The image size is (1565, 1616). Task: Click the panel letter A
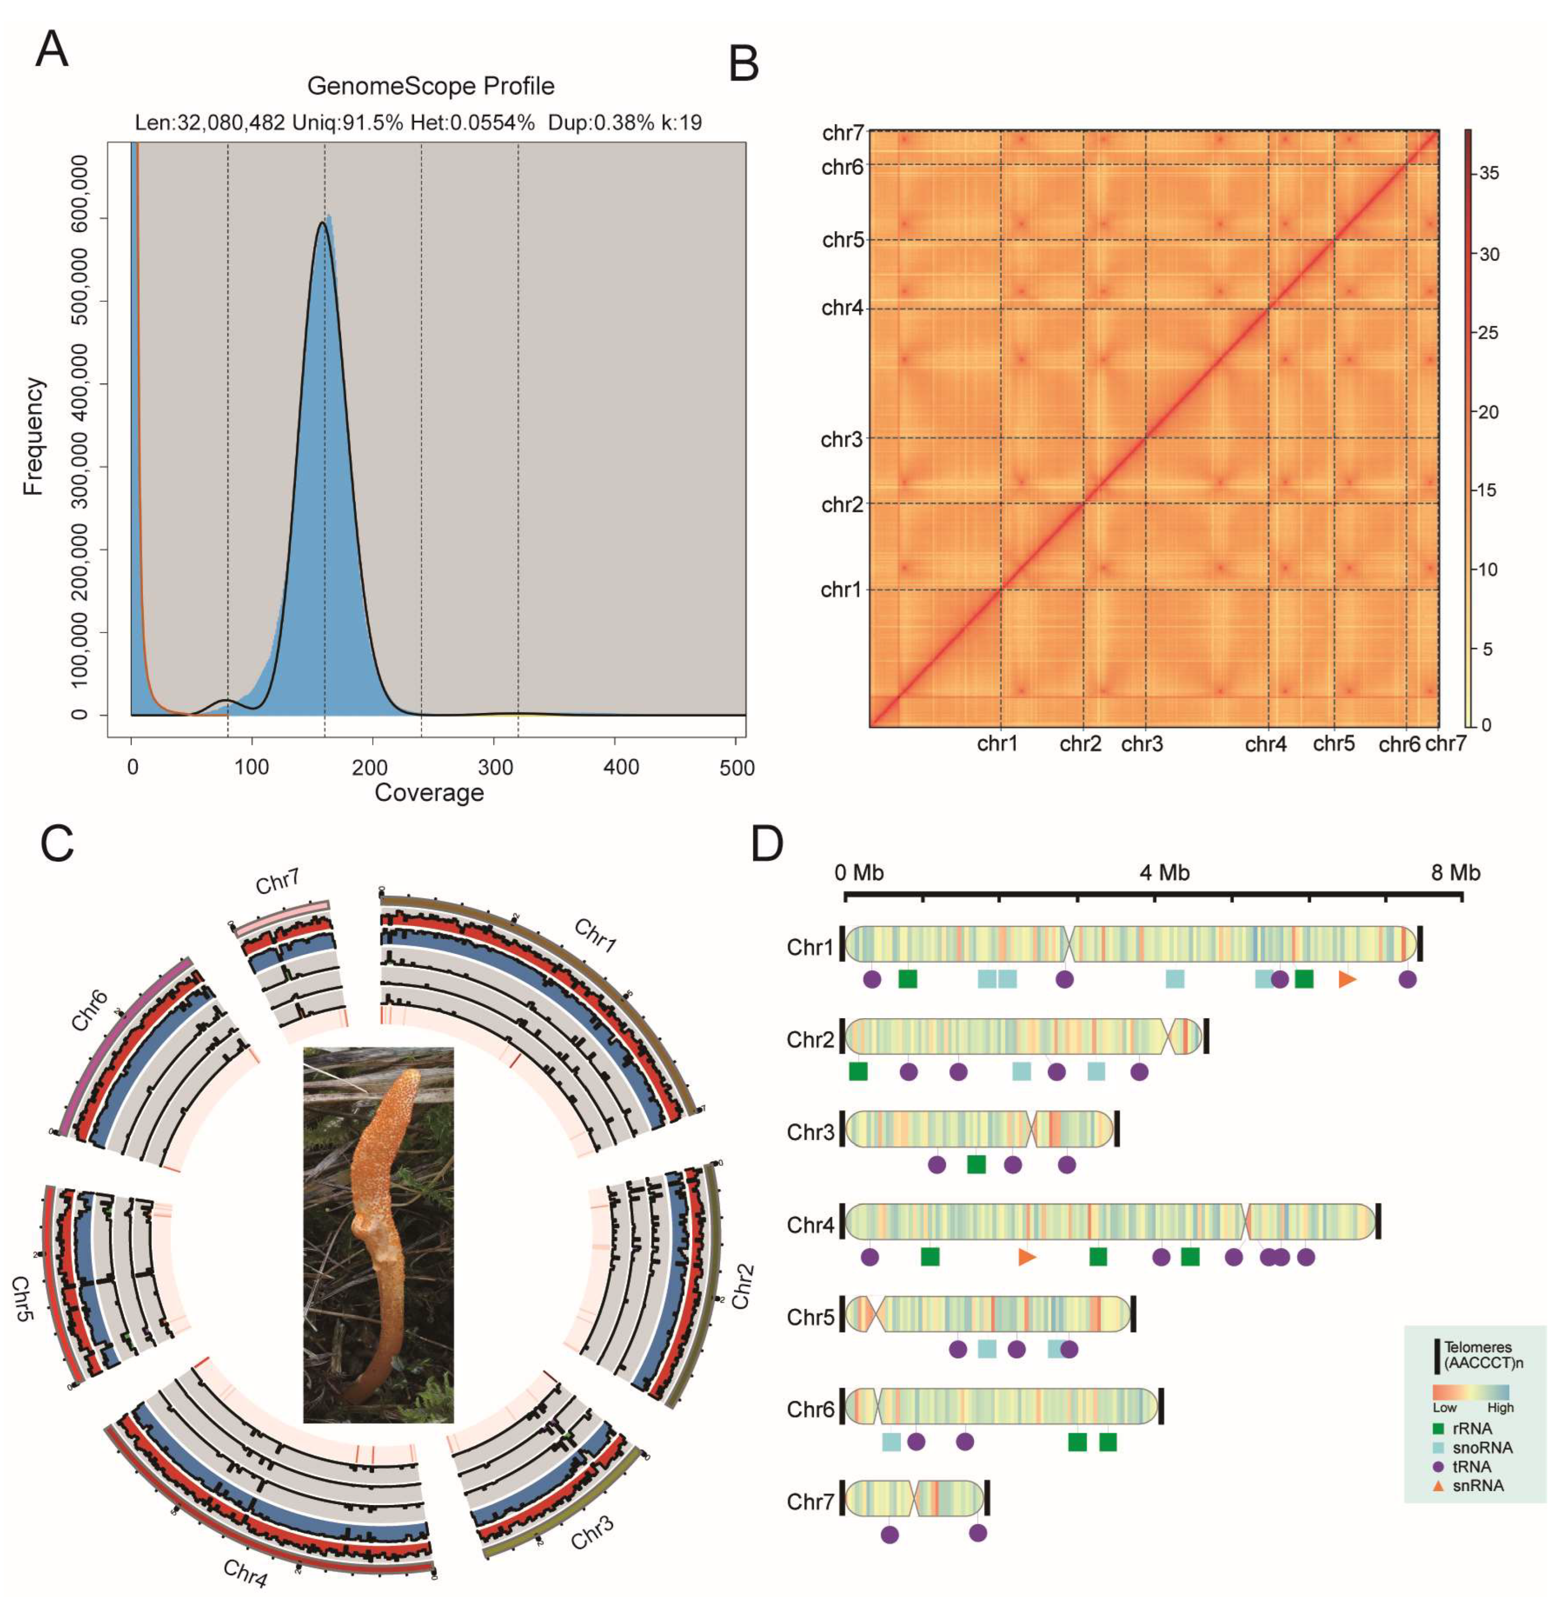point(52,49)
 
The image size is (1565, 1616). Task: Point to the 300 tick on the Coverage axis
point(495,767)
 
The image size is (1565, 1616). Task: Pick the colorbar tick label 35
point(1489,174)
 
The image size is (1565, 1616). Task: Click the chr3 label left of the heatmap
point(841,440)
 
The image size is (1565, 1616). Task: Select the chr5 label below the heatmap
point(1333,744)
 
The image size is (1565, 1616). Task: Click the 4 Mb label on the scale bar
point(1164,872)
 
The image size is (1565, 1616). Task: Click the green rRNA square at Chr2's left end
point(858,1072)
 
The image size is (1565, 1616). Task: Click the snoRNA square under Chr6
point(891,1441)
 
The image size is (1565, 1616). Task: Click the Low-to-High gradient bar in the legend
point(1470,1393)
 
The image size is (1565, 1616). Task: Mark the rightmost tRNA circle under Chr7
point(978,1533)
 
